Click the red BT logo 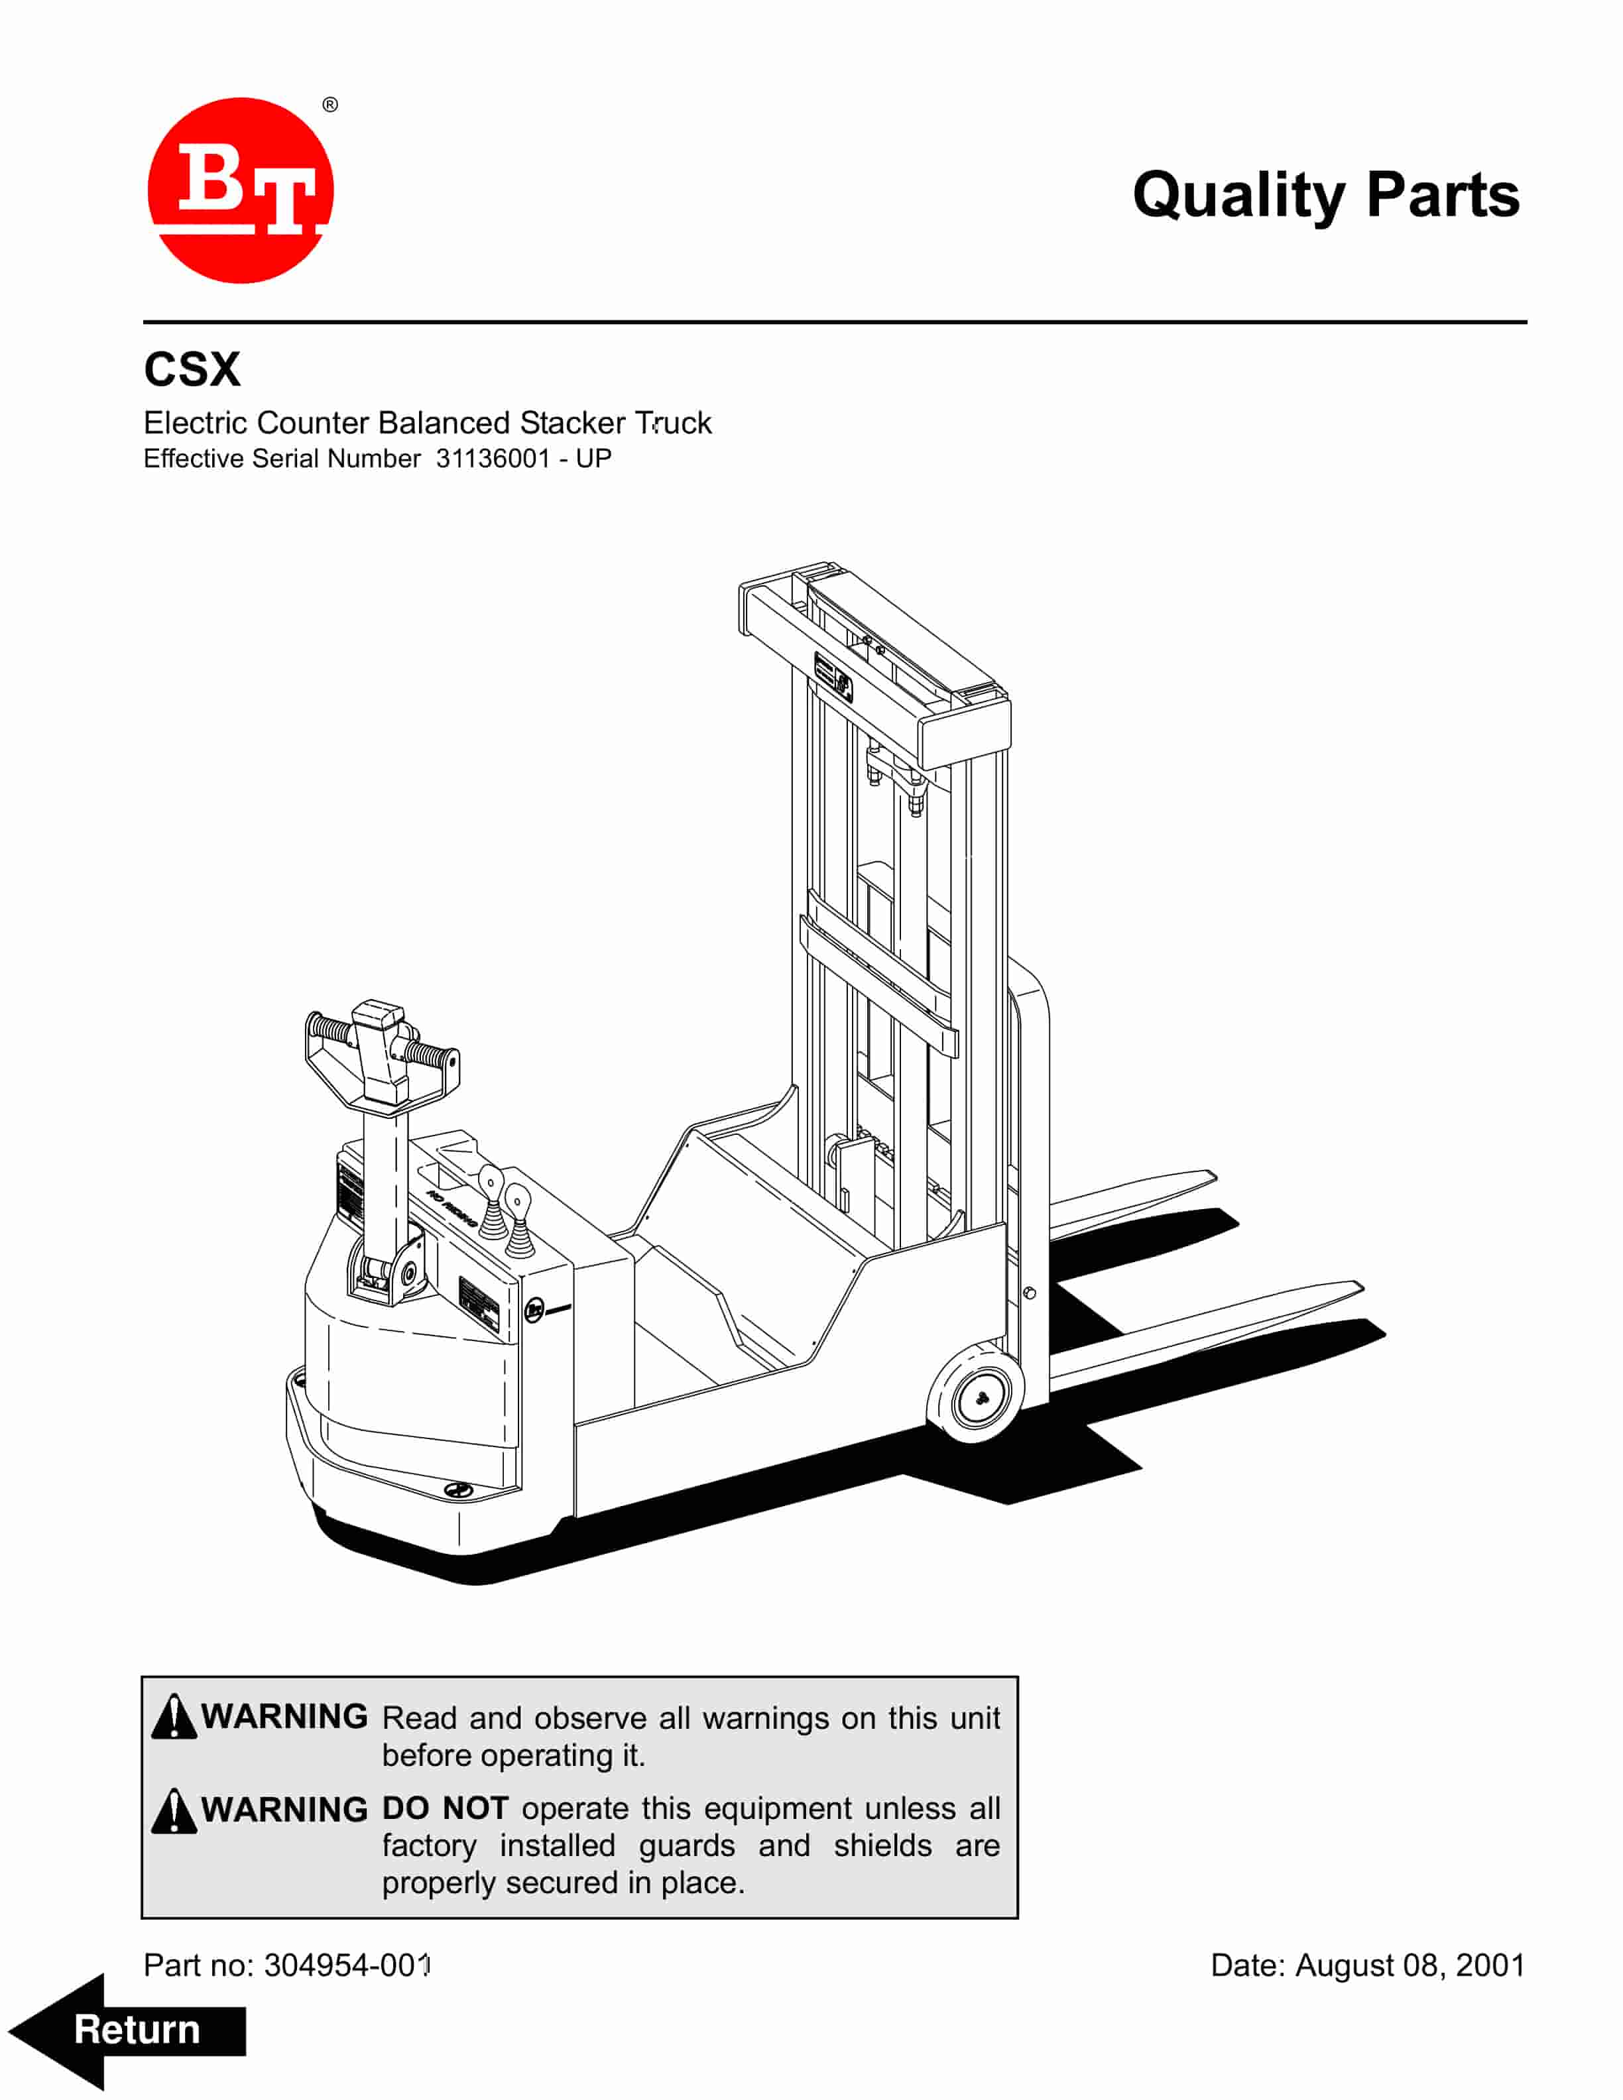(241, 190)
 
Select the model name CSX (192, 369)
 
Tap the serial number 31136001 (493, 459)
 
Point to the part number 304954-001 (348, 1965)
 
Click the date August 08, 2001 (1410, 1965)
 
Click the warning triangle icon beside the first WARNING (174, 1716)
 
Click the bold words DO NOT (445, 1808)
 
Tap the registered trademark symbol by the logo (330, 105)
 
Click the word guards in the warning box (686, 1847)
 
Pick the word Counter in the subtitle (314, 423)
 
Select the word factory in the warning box (429, 1847)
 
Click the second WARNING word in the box (284, 1810)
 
